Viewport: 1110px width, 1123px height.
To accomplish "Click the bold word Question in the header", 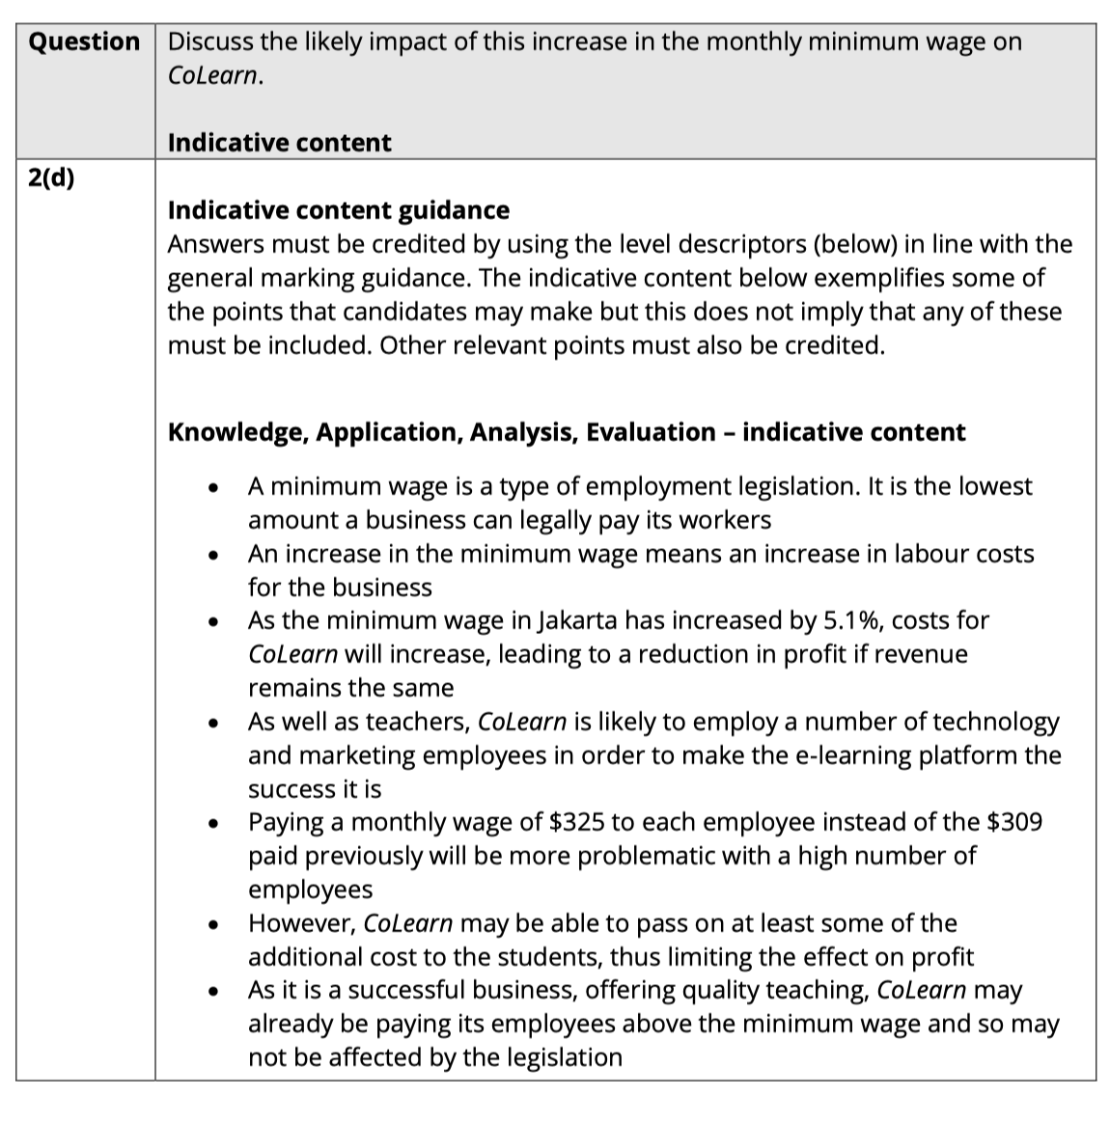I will (84, 42).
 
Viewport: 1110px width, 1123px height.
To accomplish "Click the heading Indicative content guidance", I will (339, 210).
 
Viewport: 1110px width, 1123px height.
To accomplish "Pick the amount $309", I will (1014, 823).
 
